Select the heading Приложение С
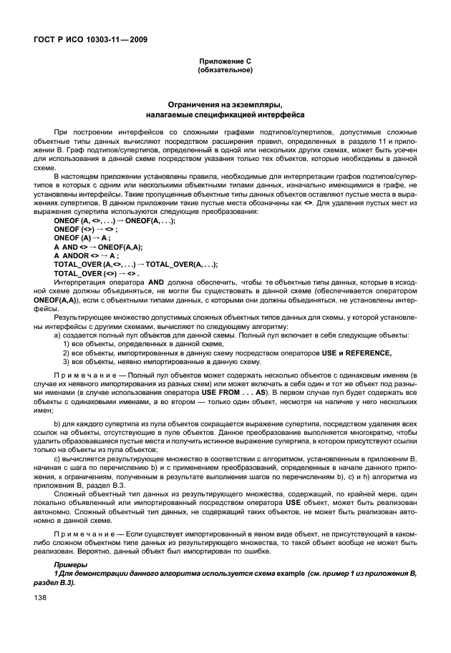pyautogui.click(x=225, y=62)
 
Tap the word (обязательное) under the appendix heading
pyautogui.click(x=225, y=71)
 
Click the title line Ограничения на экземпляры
pyautogui.click(x=225, y=104)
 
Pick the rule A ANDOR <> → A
pyautogui.click(x=87, y=255)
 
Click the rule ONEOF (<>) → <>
pyautogui.click(x=84, y=229)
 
